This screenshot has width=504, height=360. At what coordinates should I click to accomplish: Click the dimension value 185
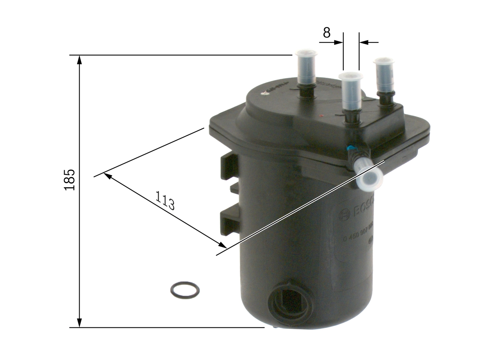tap(70, 180)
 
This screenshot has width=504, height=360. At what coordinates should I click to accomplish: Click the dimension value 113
tap(165, 200)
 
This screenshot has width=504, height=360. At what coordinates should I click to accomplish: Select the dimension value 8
tap(327, 33)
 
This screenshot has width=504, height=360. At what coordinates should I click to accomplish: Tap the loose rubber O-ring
tap(185, 290)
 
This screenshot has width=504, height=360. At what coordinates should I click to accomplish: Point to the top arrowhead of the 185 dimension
tap(80, 59)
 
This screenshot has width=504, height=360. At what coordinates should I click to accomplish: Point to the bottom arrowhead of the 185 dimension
tap(80, 323)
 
